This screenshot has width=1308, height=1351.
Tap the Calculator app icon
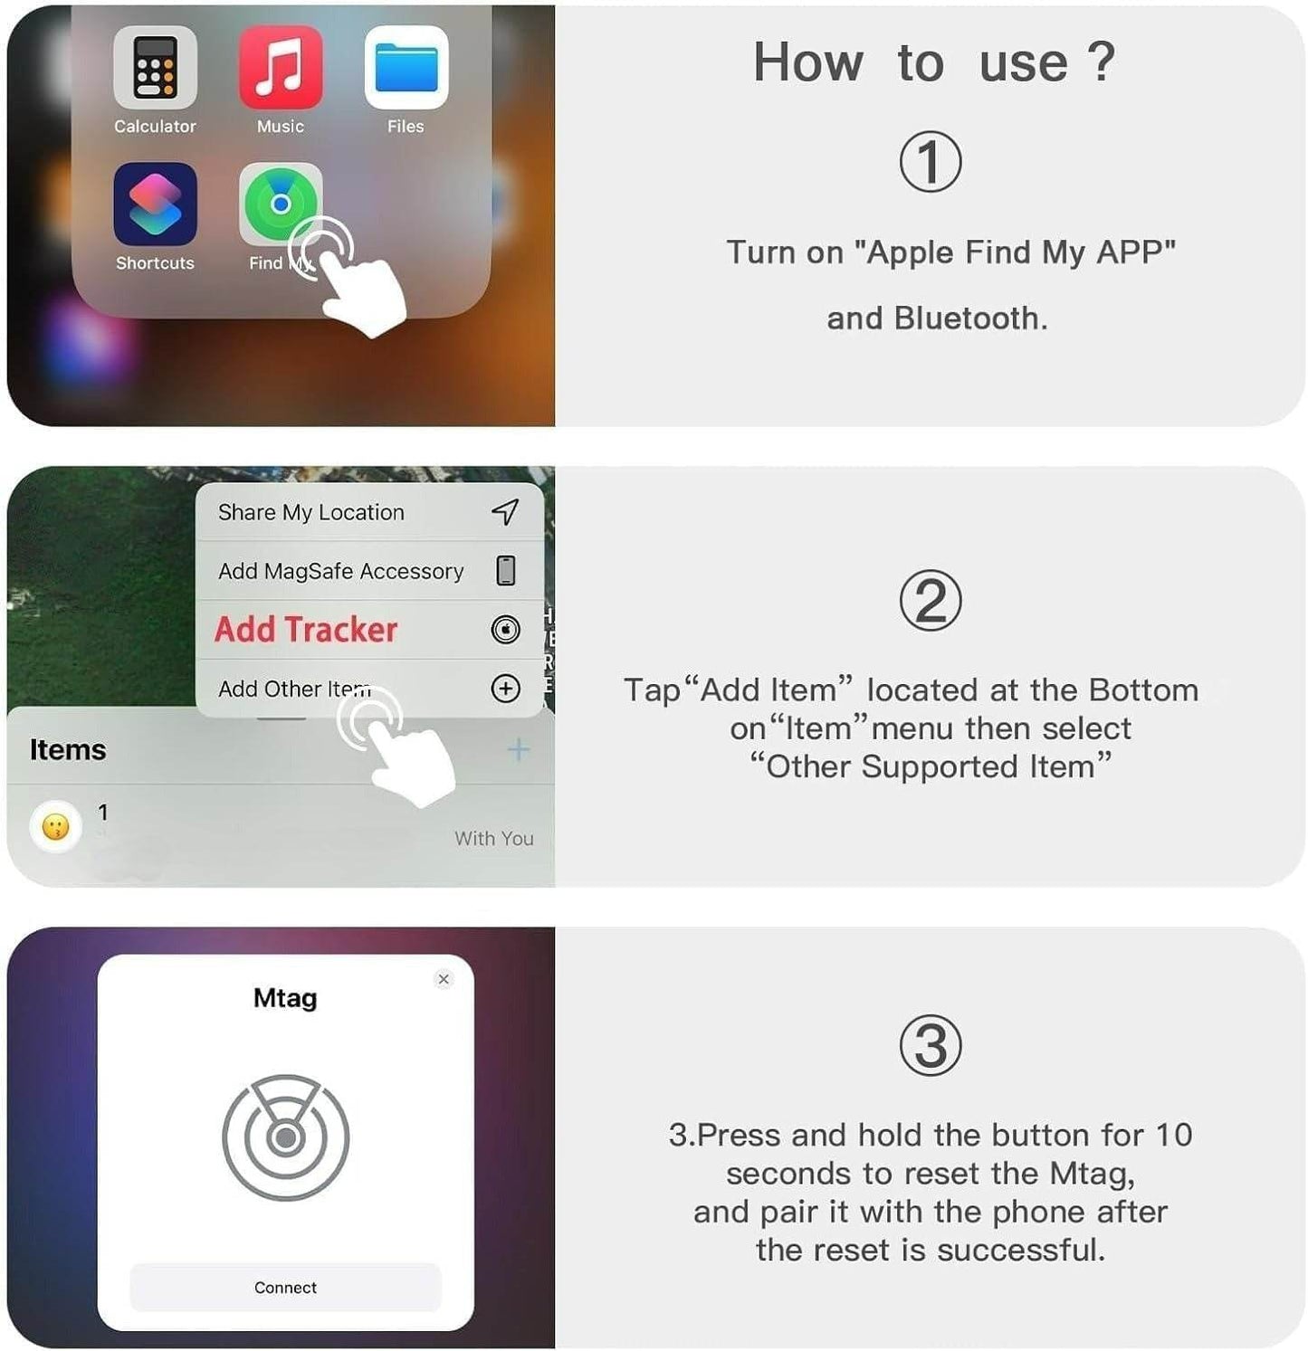tap(155, 68)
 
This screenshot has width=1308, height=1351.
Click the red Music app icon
tap(281, 68)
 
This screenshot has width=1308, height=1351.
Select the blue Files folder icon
tap(406, 68)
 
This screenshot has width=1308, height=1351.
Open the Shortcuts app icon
tap(155, 205)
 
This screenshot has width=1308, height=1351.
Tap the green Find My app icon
tap(280, 204)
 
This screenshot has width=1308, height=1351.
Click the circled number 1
tap(930, 162)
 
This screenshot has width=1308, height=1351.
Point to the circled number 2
tap(930, 602)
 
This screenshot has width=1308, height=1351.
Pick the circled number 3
tap(930, 1046)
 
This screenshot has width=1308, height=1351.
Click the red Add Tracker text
tap(306, 629)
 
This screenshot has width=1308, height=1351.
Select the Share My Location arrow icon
tap(505, 512)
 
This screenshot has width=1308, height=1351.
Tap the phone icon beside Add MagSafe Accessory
tap(506, 571)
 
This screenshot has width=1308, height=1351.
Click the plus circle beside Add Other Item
tap(505, 689)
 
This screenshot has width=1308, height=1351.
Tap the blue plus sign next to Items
tap(518, 749)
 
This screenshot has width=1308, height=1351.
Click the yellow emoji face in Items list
tap(56, 826)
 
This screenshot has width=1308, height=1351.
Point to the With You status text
tap(493, 839)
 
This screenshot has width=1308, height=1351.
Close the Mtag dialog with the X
tap(444, 979)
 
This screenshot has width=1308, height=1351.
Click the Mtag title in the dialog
tap(285, 998)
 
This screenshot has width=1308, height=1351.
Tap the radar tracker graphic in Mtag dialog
tap(285, 1137)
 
